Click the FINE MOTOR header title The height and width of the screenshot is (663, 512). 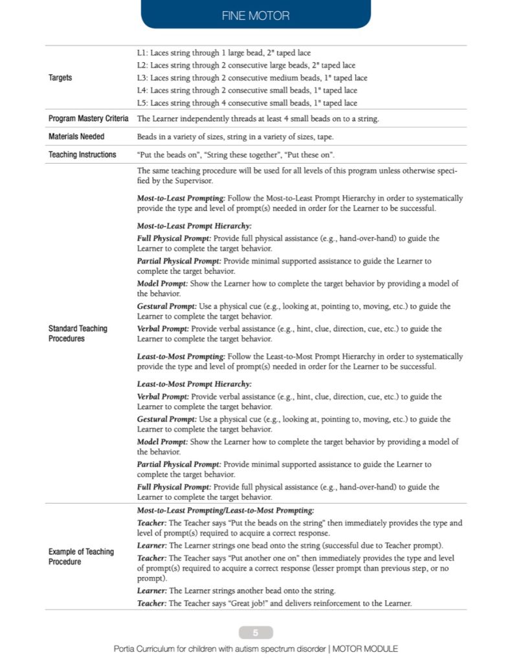[256, 16]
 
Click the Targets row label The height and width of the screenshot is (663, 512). [60, 78]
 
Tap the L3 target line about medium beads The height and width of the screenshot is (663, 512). [252, 78]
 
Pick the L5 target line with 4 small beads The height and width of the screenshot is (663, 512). [247, 103]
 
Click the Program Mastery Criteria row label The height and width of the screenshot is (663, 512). [88, 119]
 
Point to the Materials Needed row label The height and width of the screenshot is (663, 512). [76, 137]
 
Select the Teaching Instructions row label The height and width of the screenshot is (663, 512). [82, 155]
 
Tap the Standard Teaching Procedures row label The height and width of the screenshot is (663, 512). [78, 333]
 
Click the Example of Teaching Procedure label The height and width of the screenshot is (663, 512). [81, 557]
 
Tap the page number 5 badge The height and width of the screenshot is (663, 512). [256, 633]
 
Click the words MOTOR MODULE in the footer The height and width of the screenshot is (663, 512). [367, 649]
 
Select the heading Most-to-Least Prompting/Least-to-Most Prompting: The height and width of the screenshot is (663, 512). [225, 510]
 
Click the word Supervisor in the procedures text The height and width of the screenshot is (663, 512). [183, 181]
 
